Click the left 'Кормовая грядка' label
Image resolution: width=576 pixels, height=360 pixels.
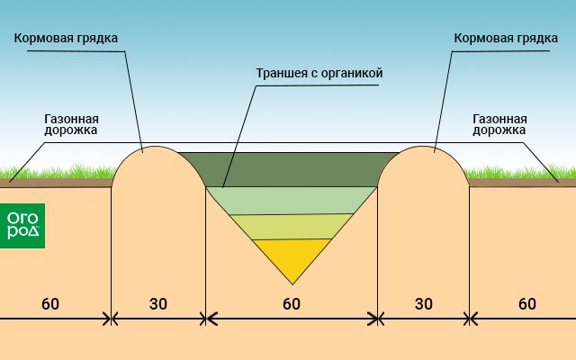[65, 39]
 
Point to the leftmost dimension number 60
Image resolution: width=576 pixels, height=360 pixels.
[50, 303]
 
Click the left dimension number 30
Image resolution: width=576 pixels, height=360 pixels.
[158, 303]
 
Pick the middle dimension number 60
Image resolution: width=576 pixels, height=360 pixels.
[291, 303]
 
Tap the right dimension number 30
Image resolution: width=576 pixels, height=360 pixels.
[424, 303]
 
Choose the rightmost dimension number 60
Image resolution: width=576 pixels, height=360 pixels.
[527, 303]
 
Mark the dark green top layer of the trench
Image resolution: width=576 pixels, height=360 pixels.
[292, 169]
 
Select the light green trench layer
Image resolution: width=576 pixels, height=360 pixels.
[292, 201]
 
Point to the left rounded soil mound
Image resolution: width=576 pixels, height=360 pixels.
[157, 180]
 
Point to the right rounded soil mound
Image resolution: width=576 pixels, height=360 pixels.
[423, 180]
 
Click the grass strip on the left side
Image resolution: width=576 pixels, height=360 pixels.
[54, 173]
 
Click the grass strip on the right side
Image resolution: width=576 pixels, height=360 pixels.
[522, 173]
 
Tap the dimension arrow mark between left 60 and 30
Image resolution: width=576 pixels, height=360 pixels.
[111, 318]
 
